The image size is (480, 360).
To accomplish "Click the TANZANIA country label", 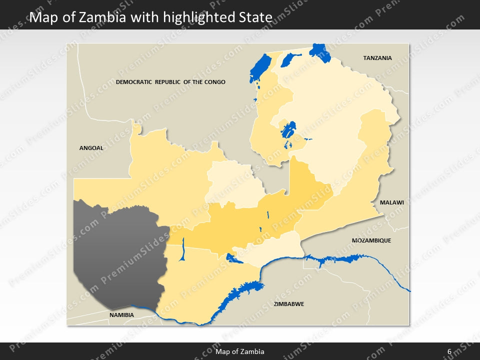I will click(x=377, y=58).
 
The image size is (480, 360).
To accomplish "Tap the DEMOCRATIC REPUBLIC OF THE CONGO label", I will click(x=170, y=82).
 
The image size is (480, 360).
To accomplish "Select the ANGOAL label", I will click(x=91, y=148).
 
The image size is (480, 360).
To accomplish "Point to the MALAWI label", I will click(x=391, y=202).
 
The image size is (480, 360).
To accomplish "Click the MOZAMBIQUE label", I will click(x=371, y=240).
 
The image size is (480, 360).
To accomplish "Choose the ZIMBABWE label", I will click(x=288, y=304).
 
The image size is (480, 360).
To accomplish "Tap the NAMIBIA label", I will click(x=121, y=315).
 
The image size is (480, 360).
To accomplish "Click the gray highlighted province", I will click(x=117, y=252).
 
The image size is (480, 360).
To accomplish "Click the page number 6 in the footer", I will click(x=449, y=351).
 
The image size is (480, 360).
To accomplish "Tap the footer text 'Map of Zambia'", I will click(x=240, y=351).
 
